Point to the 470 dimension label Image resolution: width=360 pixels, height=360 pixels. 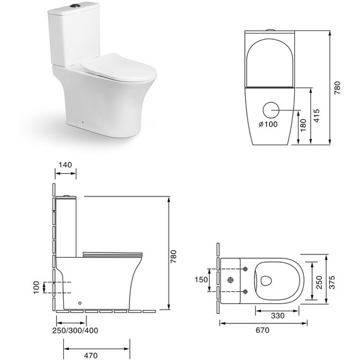point(90,356)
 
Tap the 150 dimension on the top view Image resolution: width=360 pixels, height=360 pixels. point(200,280)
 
